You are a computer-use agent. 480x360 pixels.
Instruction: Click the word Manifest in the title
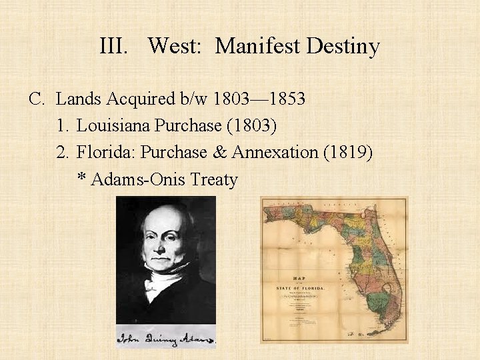[x=258, y=46]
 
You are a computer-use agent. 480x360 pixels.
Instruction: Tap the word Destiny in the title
[x=344, y=47]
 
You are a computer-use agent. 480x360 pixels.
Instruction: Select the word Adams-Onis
[x=138, y=179]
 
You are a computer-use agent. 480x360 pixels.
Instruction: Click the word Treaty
[x=214, y=179]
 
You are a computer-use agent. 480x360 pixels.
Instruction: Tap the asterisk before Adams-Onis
[x=81, y=179]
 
